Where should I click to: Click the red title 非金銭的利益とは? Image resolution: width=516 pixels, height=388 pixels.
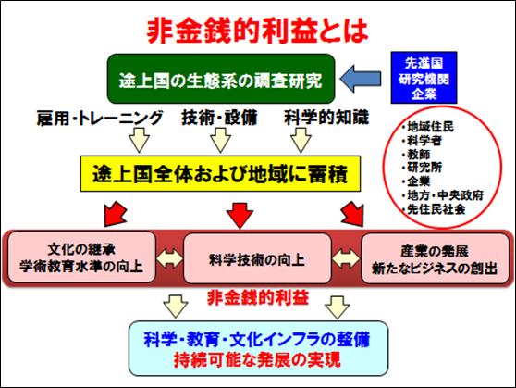pyautogui.click(x=257, y=31)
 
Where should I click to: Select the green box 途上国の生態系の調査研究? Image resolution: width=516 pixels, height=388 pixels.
pyautogui.click(x=221, y=79)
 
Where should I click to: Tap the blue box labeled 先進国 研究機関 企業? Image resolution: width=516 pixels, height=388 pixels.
pyautogui.click(x=424, y=78)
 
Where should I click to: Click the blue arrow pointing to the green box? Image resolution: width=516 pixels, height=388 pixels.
pyautogui.click(x=361, y=79)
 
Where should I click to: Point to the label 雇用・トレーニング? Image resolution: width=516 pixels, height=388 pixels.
pyautogui.click(x=99, y=118)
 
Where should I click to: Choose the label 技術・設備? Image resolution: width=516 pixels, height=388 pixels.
pyautogui.click(x=219, y=118)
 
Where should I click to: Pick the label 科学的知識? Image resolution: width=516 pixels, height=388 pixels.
pyautogui.click(x=326, y=118)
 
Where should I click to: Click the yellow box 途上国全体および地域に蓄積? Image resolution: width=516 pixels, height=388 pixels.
pyautogui.click(x=220, y=174)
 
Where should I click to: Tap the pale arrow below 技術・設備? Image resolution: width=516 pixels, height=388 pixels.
pyautogui.click(x=220, y=140)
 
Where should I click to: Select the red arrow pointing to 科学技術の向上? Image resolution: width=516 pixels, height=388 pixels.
pyautogui.click(x=240, y=216)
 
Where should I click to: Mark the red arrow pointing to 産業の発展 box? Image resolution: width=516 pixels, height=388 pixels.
pyautogui.click(x=352, y=214)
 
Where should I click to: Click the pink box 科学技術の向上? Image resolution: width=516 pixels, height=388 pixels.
pyautogui.click(x=257, y=258)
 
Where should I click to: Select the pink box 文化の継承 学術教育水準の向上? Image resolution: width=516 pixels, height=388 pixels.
pyautogui.click(x=81, y=257)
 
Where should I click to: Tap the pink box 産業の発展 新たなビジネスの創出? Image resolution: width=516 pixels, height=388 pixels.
pyautogui.click(x=435, y=258)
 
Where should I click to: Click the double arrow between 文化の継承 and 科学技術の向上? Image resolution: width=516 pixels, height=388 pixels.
pyautogui.click(x=169, y=258)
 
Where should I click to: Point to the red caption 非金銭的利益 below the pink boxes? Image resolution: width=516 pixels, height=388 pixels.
pyautogui.click(x=258, y=297)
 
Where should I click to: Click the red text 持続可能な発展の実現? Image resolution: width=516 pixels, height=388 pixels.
pyautogui.click(x=257, y=359)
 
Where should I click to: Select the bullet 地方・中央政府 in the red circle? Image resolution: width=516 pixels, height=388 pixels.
pyautogui.click(x=443, y=195)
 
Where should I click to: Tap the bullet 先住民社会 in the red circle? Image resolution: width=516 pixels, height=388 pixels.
pyautogui.click(x=434, y=209)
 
